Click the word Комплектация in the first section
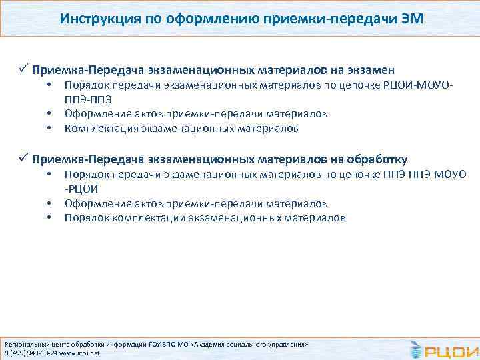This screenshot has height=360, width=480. (x=97, y=128)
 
